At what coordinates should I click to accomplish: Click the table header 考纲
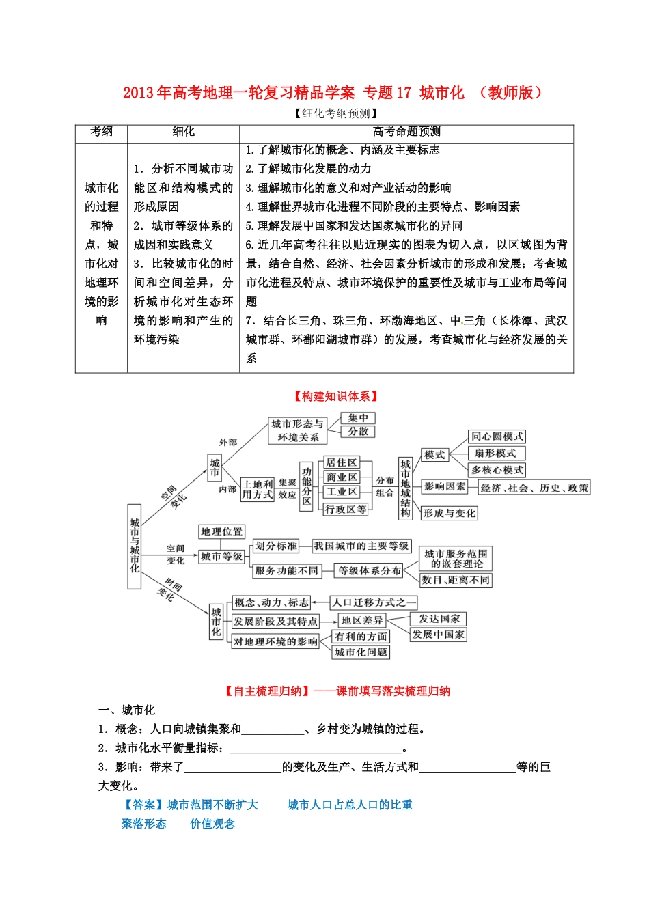[x=101, y=132]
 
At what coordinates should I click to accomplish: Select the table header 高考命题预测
[x=406, y=132]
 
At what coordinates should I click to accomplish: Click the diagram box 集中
[x=358, y=418]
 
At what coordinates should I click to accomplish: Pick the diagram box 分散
[x=358, y=432]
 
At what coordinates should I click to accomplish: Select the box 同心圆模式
[x=497, y=436]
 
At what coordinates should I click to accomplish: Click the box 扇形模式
[x=495, y=454]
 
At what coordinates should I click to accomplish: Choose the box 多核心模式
[x=497, y=470]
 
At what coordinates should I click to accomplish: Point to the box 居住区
[x=341, y=463]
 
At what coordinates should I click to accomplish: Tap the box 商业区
[x=341, y=477]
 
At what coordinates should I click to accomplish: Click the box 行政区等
[x=346, y=509]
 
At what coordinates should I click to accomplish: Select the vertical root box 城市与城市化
[x=135, y=546]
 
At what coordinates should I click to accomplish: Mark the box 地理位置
[x=221, y=532]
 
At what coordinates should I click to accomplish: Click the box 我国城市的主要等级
[x=361, y=546]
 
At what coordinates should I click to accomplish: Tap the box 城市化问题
[x=361, y=652]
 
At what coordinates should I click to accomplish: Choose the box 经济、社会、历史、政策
[x=534, y=488]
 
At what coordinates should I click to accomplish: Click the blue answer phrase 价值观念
[x=212, y=824]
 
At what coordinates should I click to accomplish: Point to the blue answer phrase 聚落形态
[x=144, y=824]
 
